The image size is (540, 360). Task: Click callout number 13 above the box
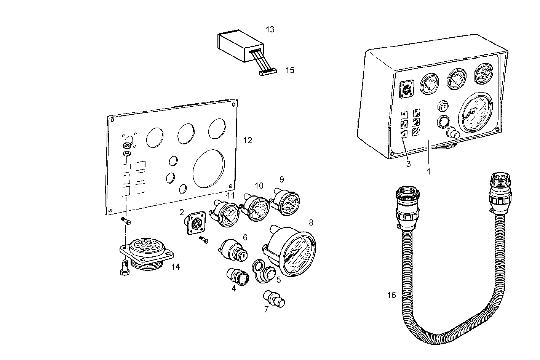tap(270, 30)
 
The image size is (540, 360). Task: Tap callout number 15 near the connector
tap(290, 70)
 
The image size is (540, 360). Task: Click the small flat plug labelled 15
tap(268, 72)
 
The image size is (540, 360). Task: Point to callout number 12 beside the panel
tap(248, 141)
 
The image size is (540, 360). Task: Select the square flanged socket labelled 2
tap(196, 224)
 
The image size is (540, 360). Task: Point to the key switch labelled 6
tap(233, 251)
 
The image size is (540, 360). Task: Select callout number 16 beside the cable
tap(391, 295)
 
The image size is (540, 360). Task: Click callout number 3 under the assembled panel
tap(408, 164)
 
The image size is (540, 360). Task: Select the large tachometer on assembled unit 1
tap(476, 113)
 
